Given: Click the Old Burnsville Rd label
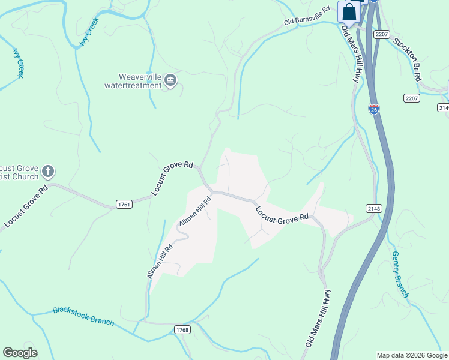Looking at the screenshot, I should [x=308, y=17].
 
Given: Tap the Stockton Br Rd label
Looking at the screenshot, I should [x=408, y=59].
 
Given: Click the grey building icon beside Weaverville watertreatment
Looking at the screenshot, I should [x=170, y=81].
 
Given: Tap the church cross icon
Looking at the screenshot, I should [x=49, y=172].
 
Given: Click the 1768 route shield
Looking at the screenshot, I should [x=182, y=330].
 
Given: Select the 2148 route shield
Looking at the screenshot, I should [x=373, y=208].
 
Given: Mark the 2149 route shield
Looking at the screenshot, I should [x=444, y=107].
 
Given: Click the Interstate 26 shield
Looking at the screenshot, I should [x=374, y=109].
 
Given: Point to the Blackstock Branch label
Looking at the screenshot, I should [x=83, y=316].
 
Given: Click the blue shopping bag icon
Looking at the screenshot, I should [x=349, y=12].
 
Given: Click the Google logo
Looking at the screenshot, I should [x=20, y=353].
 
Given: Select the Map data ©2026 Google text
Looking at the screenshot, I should [x=411, y=355].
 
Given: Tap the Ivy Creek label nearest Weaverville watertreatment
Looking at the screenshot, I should [x=89, y=32].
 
